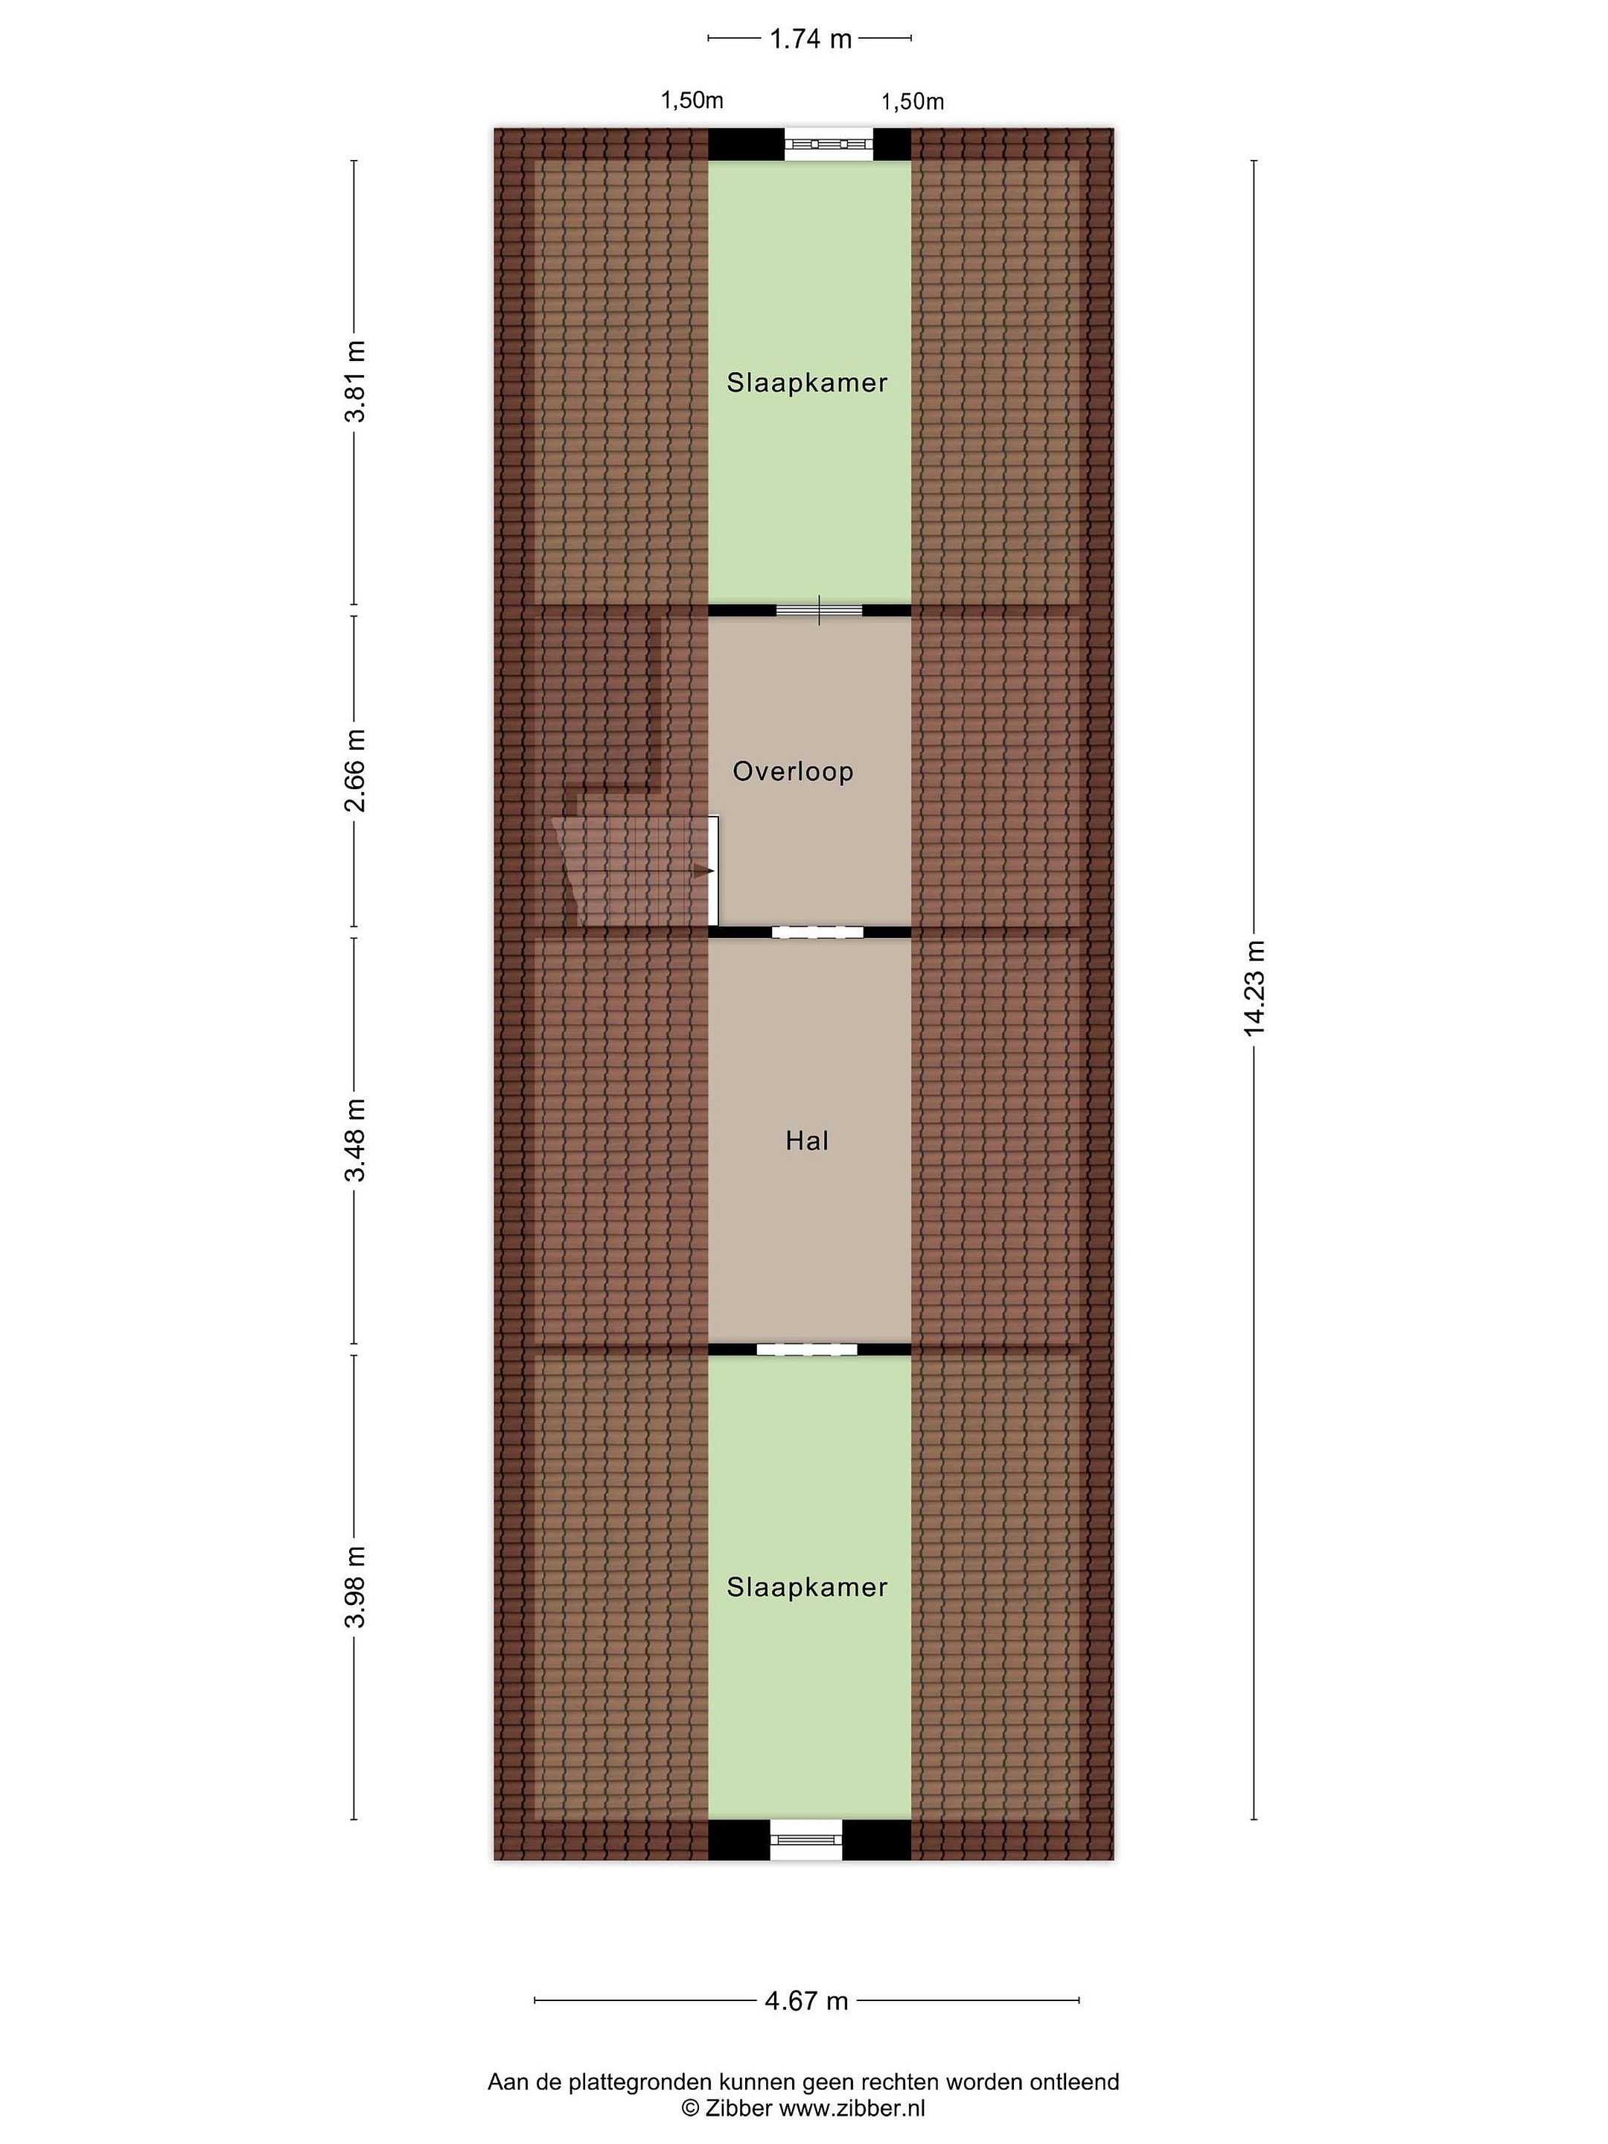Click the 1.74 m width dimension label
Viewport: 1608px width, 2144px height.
point(810,39)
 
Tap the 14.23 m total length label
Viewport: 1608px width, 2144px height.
point(1255,988)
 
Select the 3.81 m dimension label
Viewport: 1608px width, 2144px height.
point(356,381)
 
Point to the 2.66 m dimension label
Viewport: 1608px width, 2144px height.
point(356,770)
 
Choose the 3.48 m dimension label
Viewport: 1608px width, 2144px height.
point(356,1140)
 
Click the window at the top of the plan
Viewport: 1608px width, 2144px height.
point(829,144)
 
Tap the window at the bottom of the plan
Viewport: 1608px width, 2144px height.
point(806,1840)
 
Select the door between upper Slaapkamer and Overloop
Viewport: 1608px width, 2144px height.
point(819,610)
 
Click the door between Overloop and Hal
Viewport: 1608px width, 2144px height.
point(817,933)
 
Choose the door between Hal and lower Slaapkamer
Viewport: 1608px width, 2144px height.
point(808,1349)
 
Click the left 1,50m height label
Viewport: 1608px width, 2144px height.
point(692,100)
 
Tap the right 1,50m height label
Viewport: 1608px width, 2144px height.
point(912,102)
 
